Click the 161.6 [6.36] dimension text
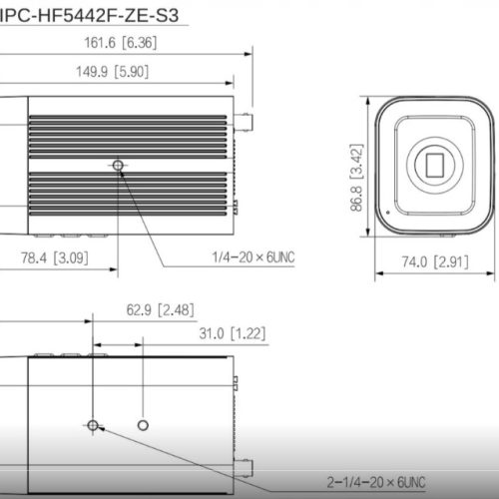point(119,43)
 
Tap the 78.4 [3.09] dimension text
point(59,257)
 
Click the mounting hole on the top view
point(119,164)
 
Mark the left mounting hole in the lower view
point(93,426)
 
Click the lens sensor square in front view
point(436,163)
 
